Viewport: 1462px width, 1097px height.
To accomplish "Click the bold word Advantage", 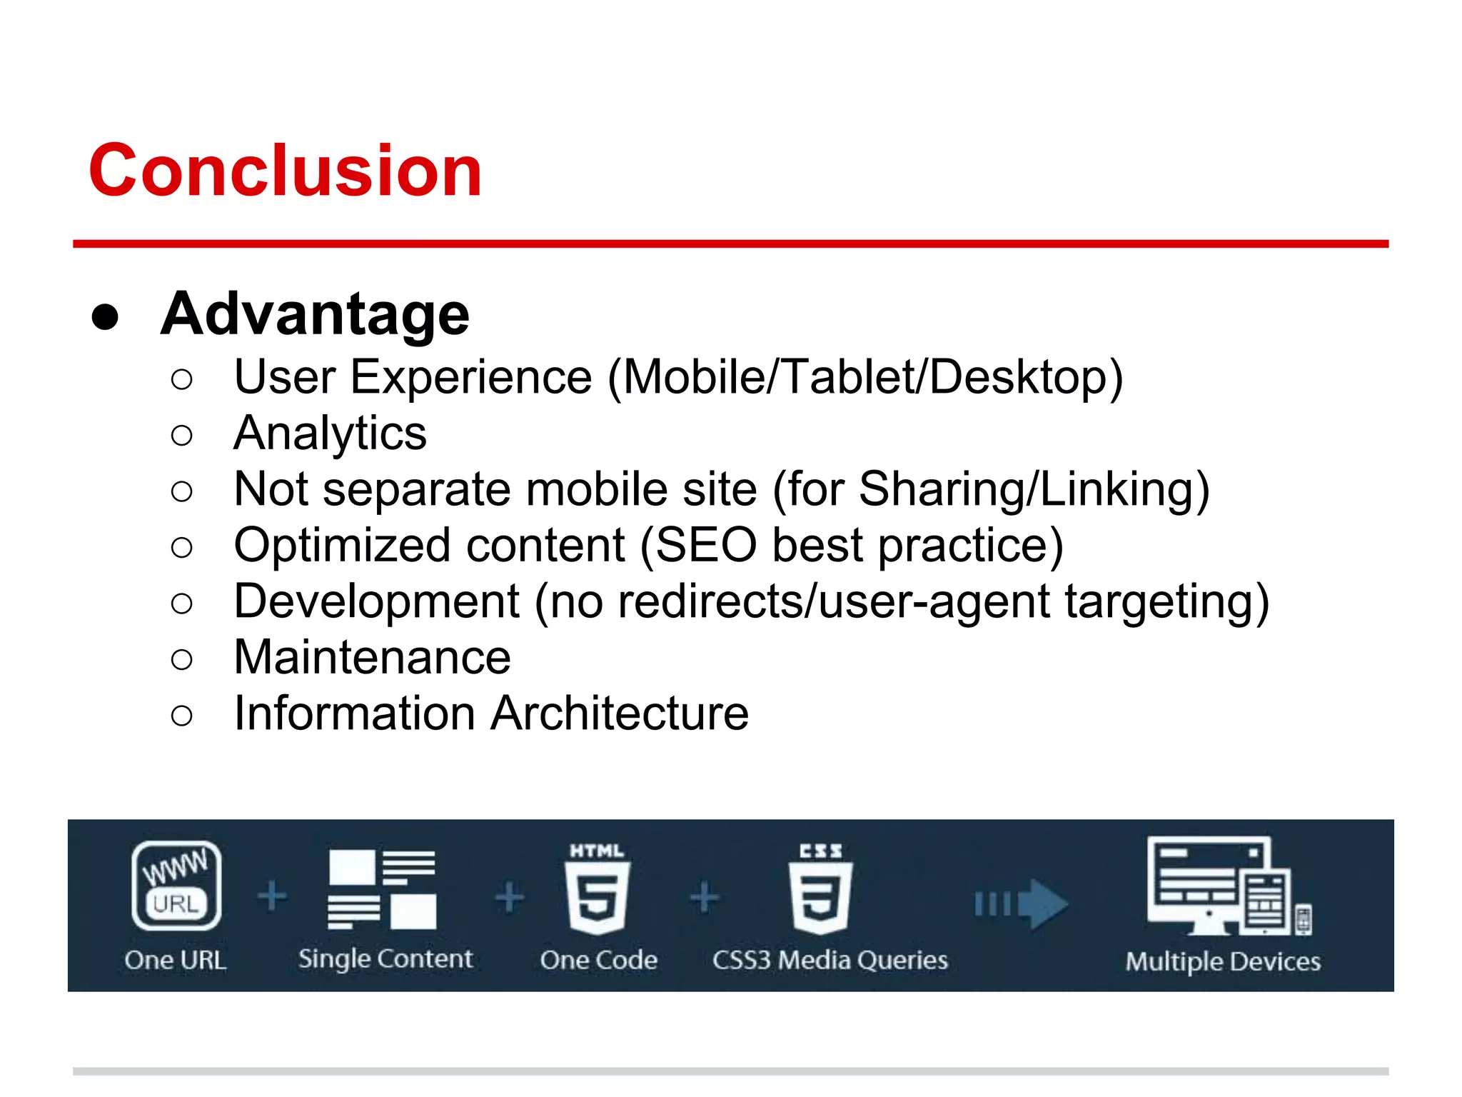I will [315, 314].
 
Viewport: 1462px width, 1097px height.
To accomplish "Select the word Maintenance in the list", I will [372, 657].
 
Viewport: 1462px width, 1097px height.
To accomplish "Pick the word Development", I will [377, 601].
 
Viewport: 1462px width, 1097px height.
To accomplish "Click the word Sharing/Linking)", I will [1034, 489].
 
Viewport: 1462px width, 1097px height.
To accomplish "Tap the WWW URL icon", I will [176, 885].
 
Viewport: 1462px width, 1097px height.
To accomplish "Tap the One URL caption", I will [175, 960].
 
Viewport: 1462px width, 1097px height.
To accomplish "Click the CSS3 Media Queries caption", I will [830, 960].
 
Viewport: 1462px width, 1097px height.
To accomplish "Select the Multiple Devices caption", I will [1222, 961].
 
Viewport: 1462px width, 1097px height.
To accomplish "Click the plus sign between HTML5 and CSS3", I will [704, 897].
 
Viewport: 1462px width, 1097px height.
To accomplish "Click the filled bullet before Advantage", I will [105, 317].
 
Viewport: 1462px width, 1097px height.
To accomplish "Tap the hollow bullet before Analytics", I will [182, 435].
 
